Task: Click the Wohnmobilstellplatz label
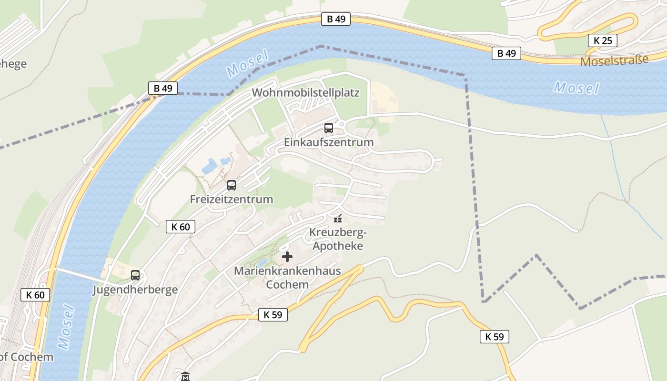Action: tap(305, 92)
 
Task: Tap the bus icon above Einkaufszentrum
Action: tap(329, 128)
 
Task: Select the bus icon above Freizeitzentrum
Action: tap(232, 185)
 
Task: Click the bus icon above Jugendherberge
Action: tap(135, 275)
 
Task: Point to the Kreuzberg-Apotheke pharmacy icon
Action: tap(338, 219)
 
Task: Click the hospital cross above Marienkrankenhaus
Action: tap(287, 257)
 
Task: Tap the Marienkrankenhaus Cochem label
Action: tap(287, 278)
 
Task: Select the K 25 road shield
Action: tap(602, 40)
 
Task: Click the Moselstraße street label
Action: tap(614, 61)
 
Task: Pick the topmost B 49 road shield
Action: tap(336, 19)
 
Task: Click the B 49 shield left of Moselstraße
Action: tap(506, 53)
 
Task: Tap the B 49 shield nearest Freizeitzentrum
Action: tap(162, 88)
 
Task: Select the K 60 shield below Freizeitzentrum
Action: tap(181, 227)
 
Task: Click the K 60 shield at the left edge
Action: tap(35, 295)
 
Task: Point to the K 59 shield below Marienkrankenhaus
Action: tap(273, 314)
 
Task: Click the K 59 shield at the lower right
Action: tap(494, 337)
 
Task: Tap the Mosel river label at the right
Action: tap(576, 88)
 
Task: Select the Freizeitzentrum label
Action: tap(232, 199)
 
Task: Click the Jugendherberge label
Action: tap(135, 290)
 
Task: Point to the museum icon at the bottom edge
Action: tap(185, 377)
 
